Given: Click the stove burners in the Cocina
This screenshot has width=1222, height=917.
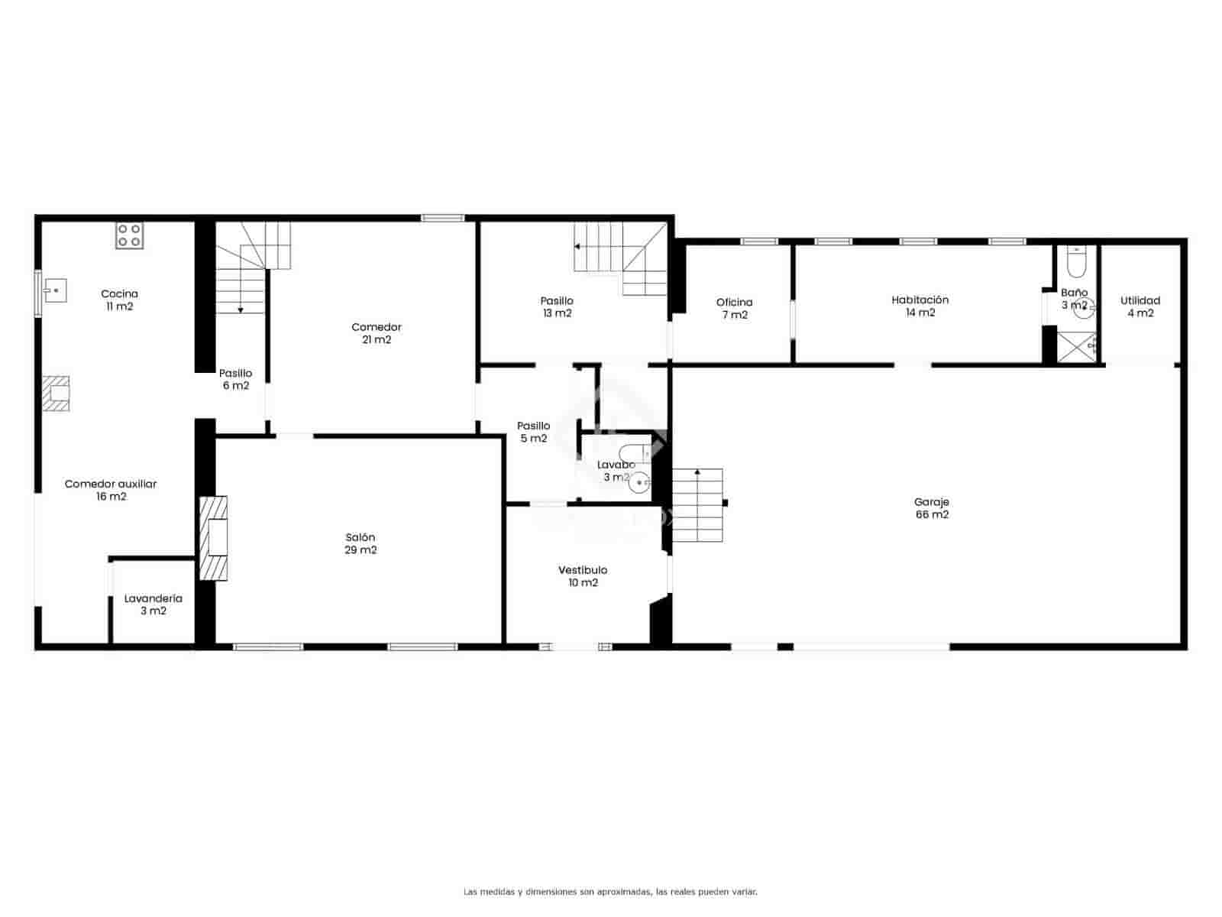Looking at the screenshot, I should pos(129,235).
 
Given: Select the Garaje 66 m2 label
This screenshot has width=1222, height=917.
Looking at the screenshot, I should pos(932,508).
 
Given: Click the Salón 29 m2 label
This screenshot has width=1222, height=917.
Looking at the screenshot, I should pos(360,543).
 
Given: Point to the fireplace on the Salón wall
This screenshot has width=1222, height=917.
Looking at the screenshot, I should pos(214,538).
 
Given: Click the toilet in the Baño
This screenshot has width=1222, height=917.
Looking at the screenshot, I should pos(1075,262).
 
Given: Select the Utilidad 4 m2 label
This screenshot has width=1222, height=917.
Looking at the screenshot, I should pos(1140,306).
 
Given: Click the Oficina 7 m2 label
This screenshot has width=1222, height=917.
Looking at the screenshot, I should pos(734,308).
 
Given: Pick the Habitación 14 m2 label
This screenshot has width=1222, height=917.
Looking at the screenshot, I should pos(920,306).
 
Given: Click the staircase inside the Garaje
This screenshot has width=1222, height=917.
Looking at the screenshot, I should pos(697,505).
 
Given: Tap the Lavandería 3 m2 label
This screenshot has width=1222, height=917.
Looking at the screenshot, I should pos(153,604).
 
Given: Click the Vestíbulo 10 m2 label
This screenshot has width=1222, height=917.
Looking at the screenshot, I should pos(583,576).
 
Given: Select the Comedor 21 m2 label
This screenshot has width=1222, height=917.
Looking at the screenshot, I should pos(377,333).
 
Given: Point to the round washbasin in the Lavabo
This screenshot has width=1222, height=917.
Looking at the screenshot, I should pos(641,482).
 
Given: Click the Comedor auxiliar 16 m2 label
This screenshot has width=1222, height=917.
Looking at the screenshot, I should pos(111,490).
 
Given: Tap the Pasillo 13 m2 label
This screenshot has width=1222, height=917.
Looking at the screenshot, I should pos(557,306).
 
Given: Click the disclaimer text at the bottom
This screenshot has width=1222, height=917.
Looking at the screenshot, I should pos(610,892).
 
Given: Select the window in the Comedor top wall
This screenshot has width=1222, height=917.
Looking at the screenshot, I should pos(443,218).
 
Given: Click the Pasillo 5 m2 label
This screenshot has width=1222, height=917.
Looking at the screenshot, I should pos(533,432).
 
